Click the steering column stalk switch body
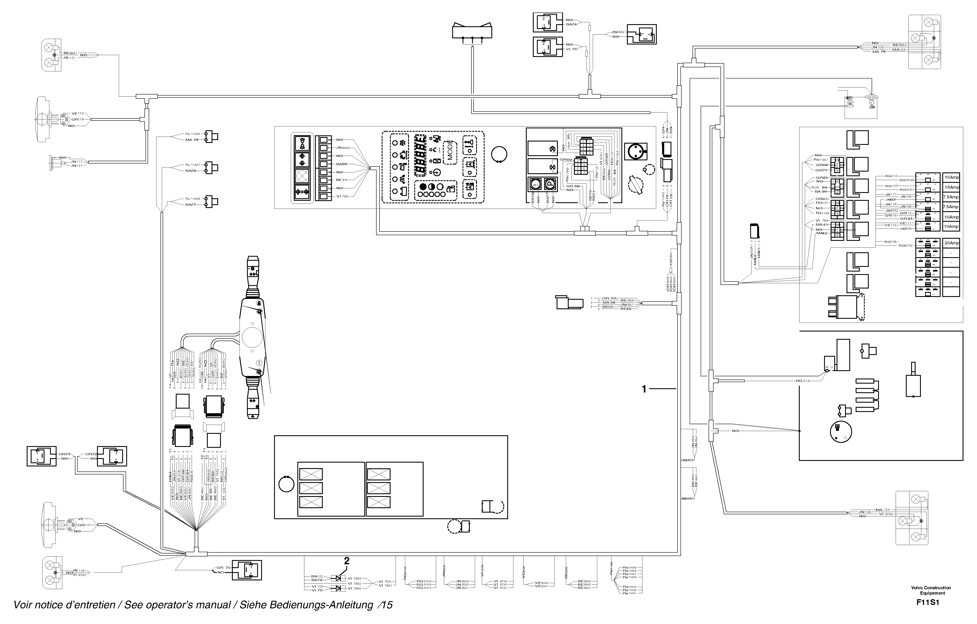[x=253, y=337]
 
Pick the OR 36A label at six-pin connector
[x=609, y=298]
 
